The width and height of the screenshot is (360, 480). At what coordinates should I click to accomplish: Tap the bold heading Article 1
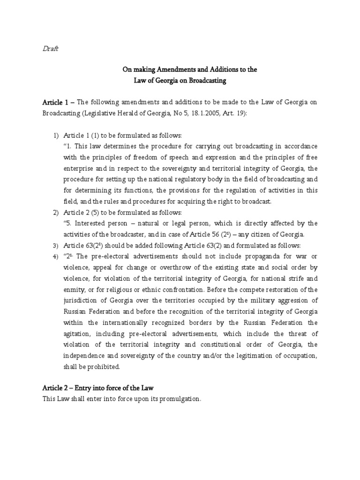(x=55, y=102)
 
